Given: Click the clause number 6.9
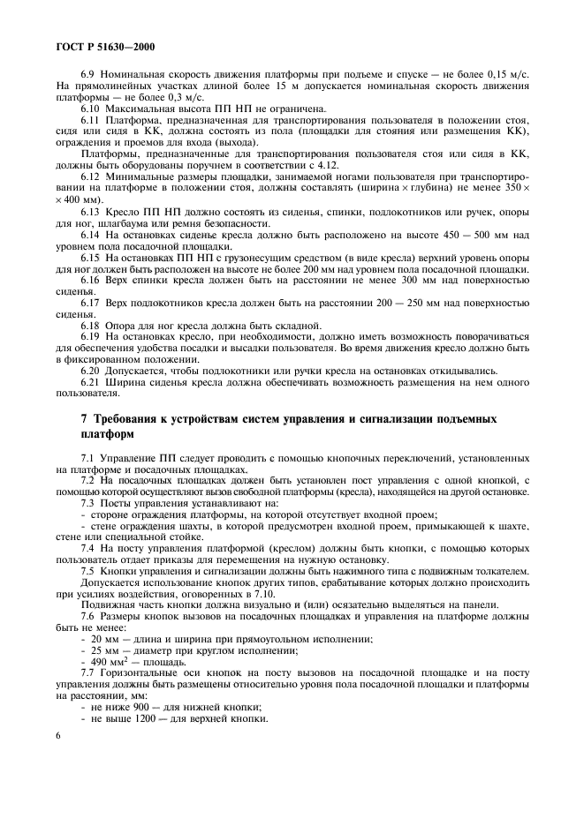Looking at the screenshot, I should (89, 76).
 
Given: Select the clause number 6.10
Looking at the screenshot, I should (92, 108).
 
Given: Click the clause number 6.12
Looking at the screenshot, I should (92, 176).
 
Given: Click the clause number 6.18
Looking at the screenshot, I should (92, 326).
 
